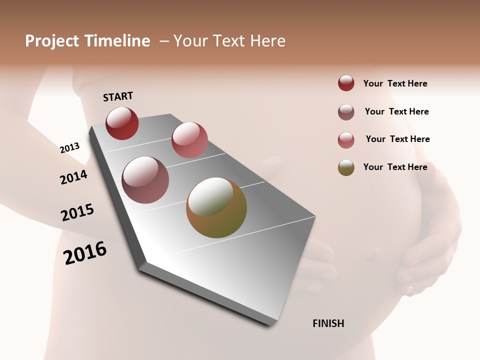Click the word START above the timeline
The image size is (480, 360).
coord(118,96)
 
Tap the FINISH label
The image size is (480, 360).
coord(328,323)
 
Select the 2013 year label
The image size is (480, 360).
coord(69,148)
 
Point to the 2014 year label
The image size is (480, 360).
coord(73,177)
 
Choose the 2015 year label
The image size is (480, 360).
coord(77,212)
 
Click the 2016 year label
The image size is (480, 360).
coord(85,253)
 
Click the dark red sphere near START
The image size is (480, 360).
coord(122,123)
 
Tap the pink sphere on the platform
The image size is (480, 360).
coord(189,140)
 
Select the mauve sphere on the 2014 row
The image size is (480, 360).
coord(145,180)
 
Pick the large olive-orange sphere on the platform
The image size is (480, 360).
coord(216,207)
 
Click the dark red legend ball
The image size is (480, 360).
coord(346,83)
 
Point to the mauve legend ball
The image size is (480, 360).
coord(346,112)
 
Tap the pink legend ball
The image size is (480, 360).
coord(346,140)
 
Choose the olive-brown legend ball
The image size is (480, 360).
coord(346,167)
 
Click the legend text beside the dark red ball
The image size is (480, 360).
coord(395,83)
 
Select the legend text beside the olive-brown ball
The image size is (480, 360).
coord(395,167)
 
